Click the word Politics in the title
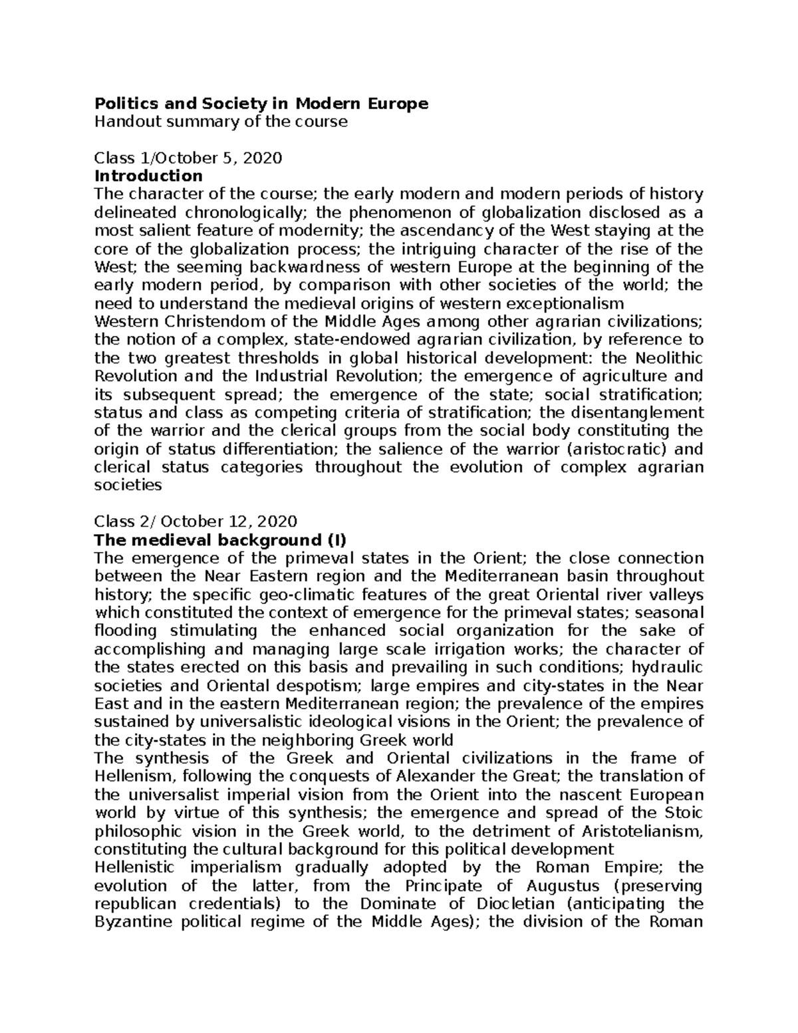point(124,104)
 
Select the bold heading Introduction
point(148,176)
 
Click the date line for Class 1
point(188,158)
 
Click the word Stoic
point(683,812)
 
